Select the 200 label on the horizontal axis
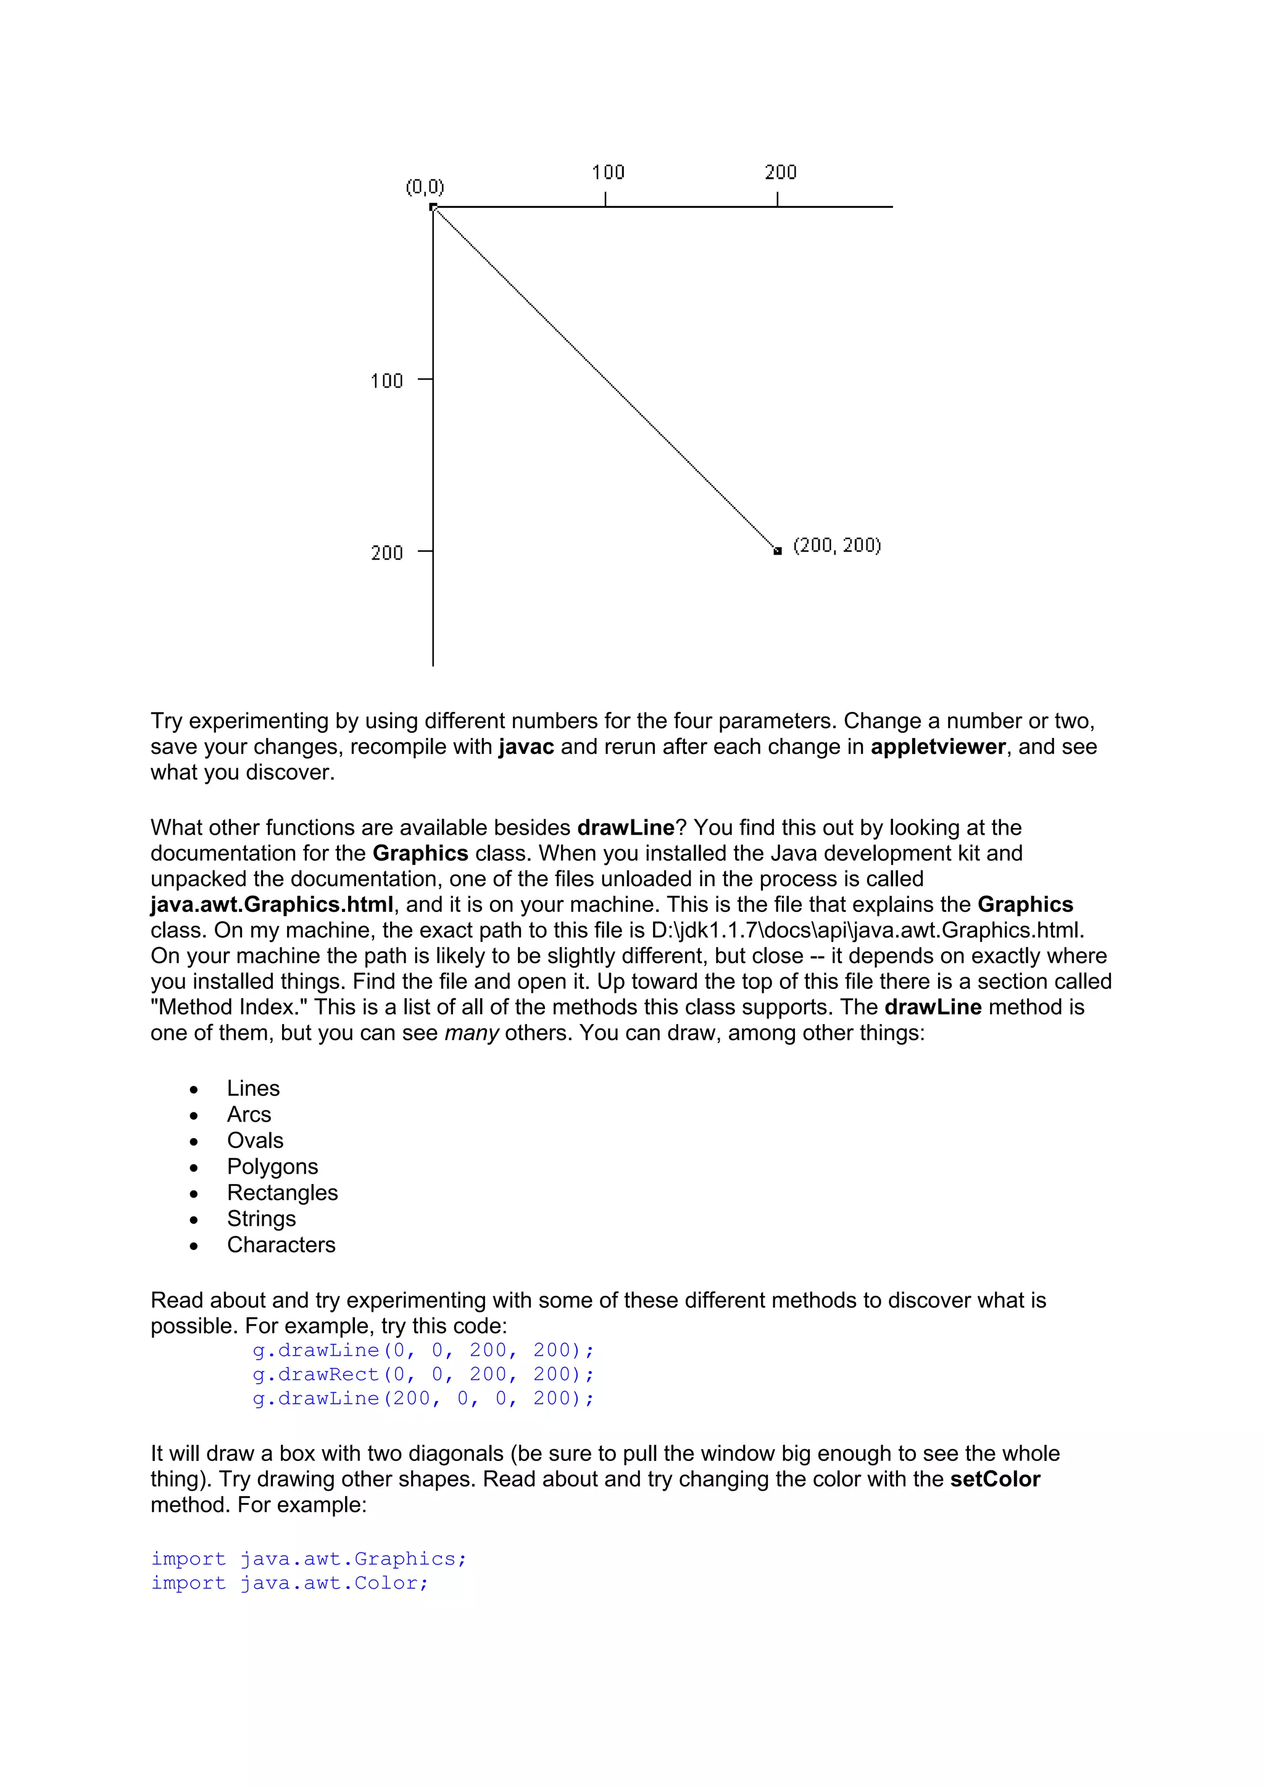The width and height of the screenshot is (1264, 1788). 780,172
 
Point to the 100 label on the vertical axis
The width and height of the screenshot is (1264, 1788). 386,381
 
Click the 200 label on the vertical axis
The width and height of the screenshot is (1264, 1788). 386,553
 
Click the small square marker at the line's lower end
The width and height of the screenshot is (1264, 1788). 777,550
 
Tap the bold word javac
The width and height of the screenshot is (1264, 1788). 526,747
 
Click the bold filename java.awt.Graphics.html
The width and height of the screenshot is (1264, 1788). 272,905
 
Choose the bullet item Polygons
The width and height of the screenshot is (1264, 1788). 273,1167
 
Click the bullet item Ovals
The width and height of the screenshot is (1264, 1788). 255,1141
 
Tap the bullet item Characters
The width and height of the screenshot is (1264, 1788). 281,1245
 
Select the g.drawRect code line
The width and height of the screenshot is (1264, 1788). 423,1375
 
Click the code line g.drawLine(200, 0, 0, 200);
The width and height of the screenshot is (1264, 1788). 423,1399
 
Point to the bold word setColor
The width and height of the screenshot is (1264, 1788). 994,1480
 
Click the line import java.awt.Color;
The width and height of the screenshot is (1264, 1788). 289,1583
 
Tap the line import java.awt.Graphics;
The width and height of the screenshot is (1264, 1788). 309,1559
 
